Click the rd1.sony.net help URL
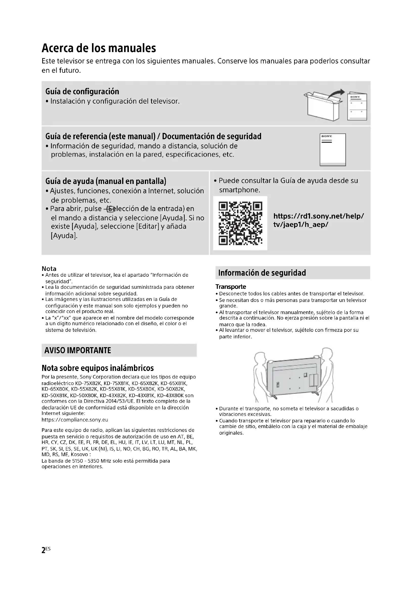coord(318,220)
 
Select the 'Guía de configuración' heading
coord(82,91)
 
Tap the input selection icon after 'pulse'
coord(110,209)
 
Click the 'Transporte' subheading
coord(231,287)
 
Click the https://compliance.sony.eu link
coord(75,420)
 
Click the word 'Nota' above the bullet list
coord(49,269)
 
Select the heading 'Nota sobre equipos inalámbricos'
coord(98,368)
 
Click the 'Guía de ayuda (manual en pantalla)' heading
coord(106,181)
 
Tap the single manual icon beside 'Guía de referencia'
coord(333,150)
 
